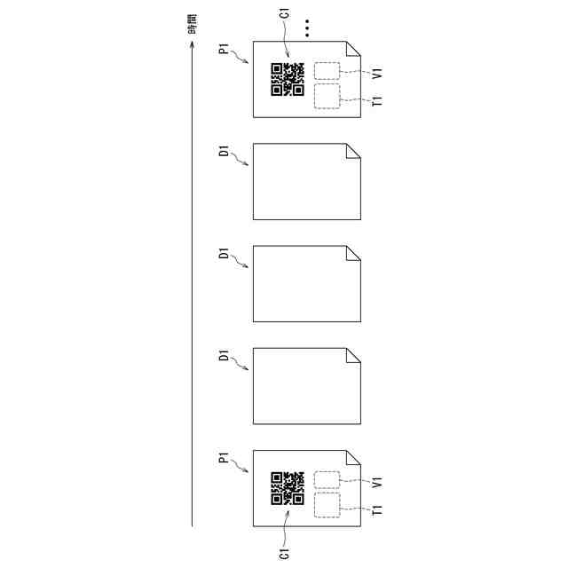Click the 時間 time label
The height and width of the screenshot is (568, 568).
click(193, 24)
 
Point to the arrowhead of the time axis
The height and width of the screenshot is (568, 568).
click(193, 44)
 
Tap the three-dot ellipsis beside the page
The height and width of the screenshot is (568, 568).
click(307, 28)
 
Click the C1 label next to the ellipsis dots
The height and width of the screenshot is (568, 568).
click(285, 13)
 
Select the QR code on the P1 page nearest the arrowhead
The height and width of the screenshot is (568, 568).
click(288, 79)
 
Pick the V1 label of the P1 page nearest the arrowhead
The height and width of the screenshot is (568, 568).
click(377, 73)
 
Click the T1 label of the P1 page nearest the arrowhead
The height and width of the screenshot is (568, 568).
click(377, 100)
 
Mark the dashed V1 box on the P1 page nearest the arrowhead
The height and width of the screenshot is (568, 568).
click(327, 71)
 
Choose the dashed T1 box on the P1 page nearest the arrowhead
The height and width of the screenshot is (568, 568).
click(327, 96)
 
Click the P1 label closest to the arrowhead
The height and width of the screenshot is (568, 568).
click(225, 49)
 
